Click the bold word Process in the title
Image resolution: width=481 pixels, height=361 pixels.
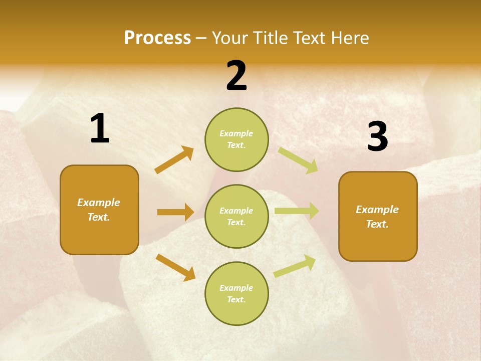(x=157, y=38)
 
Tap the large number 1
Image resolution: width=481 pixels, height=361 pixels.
(x=100, y=129)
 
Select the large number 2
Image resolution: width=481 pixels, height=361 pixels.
(x=236, y=76)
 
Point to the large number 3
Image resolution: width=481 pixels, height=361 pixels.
(x=377, y=137)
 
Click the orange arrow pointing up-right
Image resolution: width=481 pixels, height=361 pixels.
(x=174, y=160)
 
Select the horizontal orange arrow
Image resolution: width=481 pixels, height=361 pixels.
(x=175, y=212)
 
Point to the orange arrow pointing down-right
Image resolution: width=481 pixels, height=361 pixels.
(x=175, y=267)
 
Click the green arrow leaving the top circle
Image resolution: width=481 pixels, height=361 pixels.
(x=298, y=160)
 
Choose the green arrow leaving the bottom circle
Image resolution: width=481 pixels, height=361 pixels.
(x=295, y=266)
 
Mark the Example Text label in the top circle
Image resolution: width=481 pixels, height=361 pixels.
(x=236, y=139)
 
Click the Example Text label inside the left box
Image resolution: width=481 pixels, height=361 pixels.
(x=99, y=210)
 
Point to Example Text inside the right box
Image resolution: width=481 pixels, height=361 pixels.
(x=377, y=217)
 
